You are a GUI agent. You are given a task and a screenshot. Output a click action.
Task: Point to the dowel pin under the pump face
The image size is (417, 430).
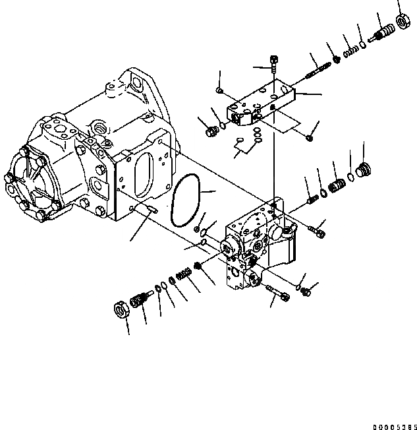150,210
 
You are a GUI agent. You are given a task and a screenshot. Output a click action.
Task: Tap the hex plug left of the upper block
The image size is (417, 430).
212,132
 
